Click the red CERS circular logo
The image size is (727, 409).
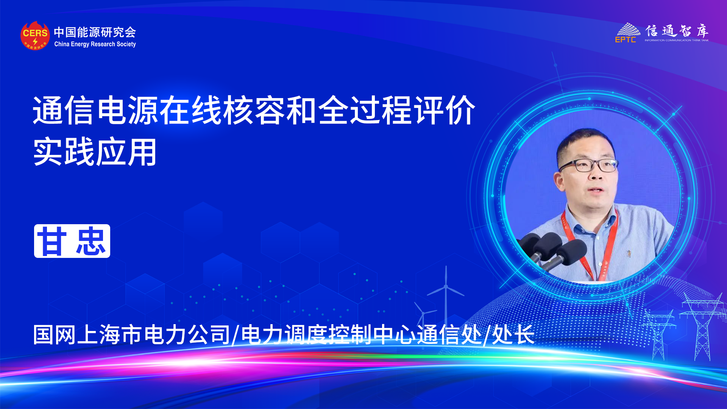(x=35, y=36)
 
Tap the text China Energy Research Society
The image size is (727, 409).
(x=95, y=44)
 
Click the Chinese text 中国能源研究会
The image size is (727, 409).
(x=95, y=32)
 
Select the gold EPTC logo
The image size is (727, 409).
(x=627, y=33)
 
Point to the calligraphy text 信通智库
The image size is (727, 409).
(x=677, y=30)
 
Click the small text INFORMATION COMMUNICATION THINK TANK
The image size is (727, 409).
(x=677, y=40)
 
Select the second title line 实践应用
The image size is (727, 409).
(x=95, y=152)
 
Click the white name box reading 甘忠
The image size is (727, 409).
(x=72, y=241)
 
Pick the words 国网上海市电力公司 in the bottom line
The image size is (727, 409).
(x=131, y=335)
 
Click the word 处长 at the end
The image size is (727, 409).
(x=513, y=335)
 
